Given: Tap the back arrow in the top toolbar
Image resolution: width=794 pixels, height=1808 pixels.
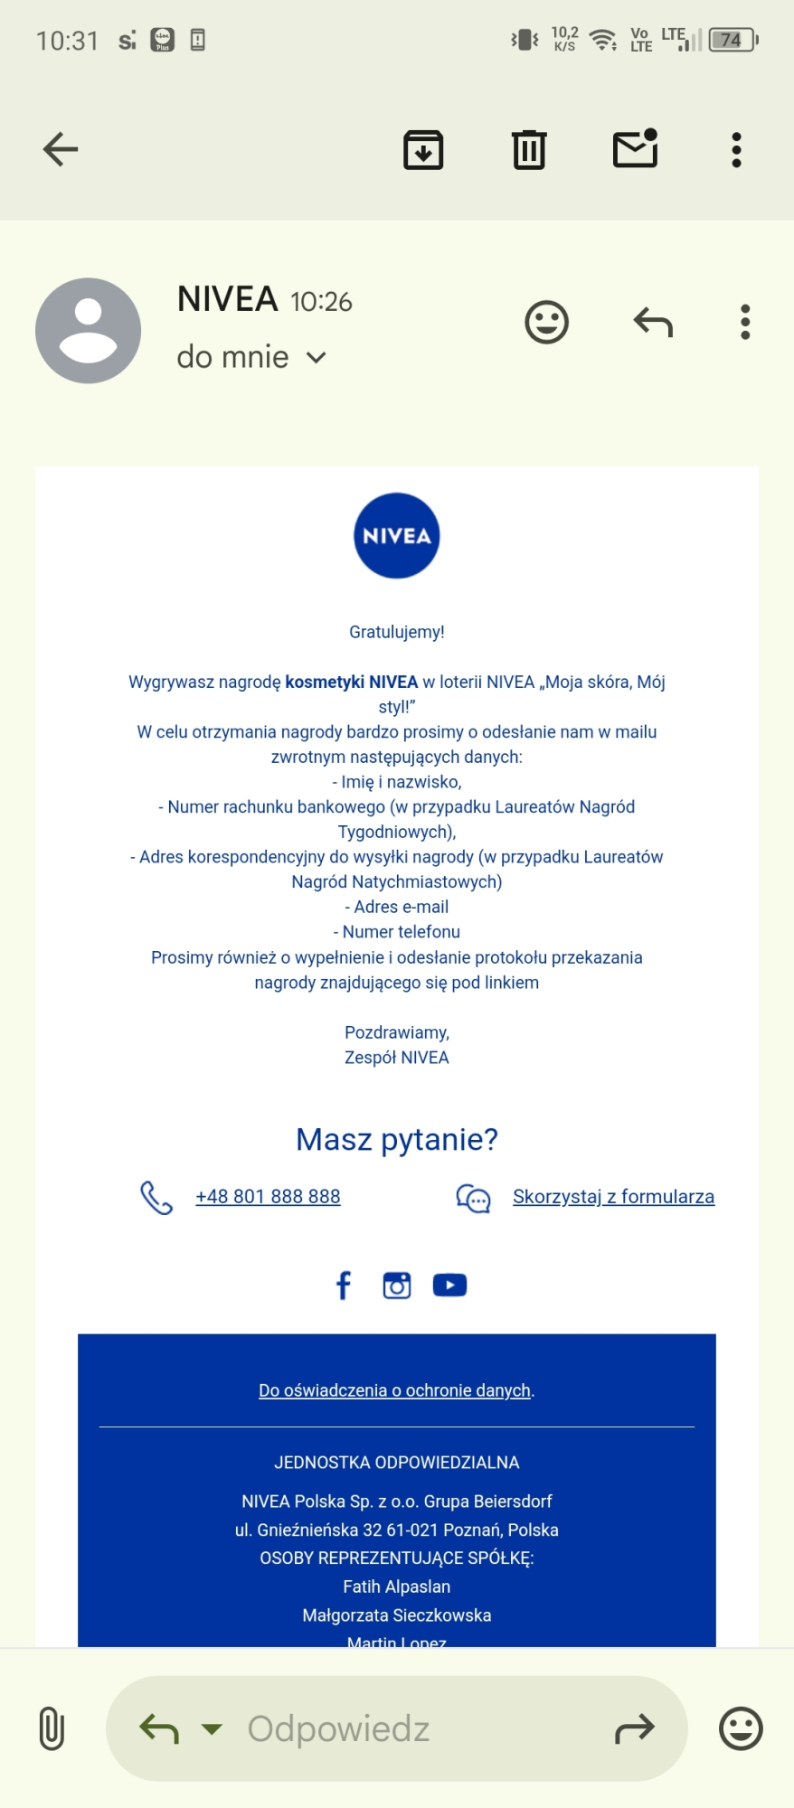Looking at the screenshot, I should point(61,149).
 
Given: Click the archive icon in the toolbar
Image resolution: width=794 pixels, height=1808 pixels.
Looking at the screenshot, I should point(422,150).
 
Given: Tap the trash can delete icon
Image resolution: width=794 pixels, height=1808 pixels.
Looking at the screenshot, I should point(529,150).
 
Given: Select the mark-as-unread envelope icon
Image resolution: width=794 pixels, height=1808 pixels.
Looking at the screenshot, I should point(636,149).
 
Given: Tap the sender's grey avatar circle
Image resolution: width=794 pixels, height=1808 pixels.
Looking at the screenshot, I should point(88,331).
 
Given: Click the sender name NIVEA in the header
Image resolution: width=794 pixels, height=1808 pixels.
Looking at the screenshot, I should point(227,299).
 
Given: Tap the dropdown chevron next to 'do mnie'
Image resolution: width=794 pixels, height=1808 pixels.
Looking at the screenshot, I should point(316,358).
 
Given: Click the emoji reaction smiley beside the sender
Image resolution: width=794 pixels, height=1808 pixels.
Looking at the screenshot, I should point(546,322).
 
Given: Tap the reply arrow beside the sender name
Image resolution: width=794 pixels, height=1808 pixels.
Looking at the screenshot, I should point(653,322).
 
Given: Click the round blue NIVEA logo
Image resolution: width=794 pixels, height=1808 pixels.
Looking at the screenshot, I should point(396,536).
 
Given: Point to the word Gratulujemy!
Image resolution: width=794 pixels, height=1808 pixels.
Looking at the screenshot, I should point(396,632).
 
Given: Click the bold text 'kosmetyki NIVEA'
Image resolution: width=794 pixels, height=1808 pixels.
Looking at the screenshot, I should point(351,682).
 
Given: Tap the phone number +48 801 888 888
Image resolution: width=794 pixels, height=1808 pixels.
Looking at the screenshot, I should point(268,1197).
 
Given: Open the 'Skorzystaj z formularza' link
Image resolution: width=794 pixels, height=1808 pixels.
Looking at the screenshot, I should point(613,1197).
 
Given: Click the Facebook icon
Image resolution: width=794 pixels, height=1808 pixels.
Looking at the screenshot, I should point(344,1285).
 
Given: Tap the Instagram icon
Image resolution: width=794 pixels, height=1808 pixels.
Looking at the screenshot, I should point(396,1285).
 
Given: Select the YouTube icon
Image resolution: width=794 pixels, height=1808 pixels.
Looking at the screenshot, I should point(449,1285).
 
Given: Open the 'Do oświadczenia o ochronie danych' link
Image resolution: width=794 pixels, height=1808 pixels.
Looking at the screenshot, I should point(394,1390).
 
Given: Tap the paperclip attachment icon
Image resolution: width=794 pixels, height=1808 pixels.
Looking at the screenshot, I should point(52,1728).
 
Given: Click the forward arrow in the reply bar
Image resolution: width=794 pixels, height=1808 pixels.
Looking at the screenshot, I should point(634,1729).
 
